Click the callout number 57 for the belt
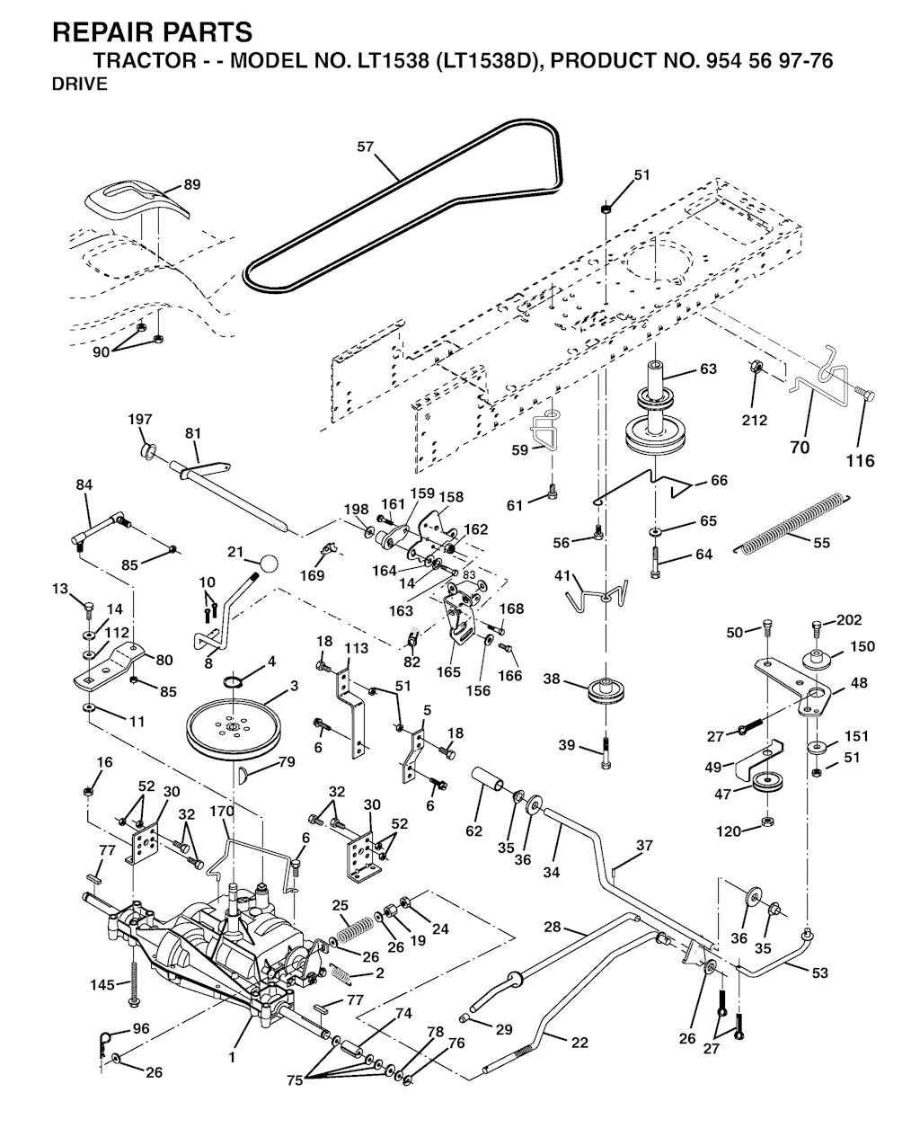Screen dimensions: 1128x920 pyautogui.click(x=365, y=147)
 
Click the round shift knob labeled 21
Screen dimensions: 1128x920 pyautogui.click(x=268, y=563)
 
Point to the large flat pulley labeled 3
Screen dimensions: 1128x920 pyautogui.click(x=234, y=720)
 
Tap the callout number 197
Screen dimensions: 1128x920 pyautogui.click(x=140, y=419)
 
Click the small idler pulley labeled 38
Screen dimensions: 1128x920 pyautogui.click(x=608, y=690)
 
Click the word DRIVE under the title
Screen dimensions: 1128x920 pyautogui.click(x=80, y=84)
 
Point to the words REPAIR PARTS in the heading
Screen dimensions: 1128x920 pyautogui.click(x=153, y=32)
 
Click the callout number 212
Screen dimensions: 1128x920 pyautogui.click(x=755, y=419)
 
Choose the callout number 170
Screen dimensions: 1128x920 pyautogui.click(x=222, y=811)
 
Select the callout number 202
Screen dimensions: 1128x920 pyautogui.click(x=849, y=620)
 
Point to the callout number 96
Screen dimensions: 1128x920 pyautogui.click(x=141, y=1027)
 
